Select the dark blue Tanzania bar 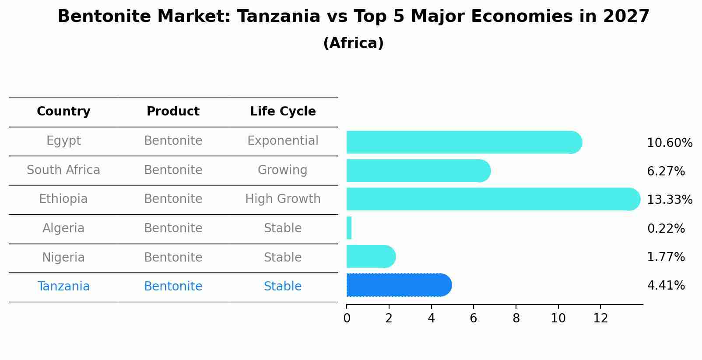point(398,285)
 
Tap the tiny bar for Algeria point(349,228)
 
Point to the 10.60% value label point(669,143)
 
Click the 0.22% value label point(665,228)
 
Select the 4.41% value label point(665,286)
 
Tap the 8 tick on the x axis point(516,318)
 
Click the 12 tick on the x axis point(600,318)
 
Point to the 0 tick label point(347,318)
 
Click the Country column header point(63,112)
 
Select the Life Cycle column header point(283,112)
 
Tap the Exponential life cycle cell point(283,141)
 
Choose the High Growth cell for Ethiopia point(283,199)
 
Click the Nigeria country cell point(63,257)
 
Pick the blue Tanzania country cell point(63,287)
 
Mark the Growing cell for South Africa point(283,170)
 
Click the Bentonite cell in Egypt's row point(173,141)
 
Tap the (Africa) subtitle point(353,43)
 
